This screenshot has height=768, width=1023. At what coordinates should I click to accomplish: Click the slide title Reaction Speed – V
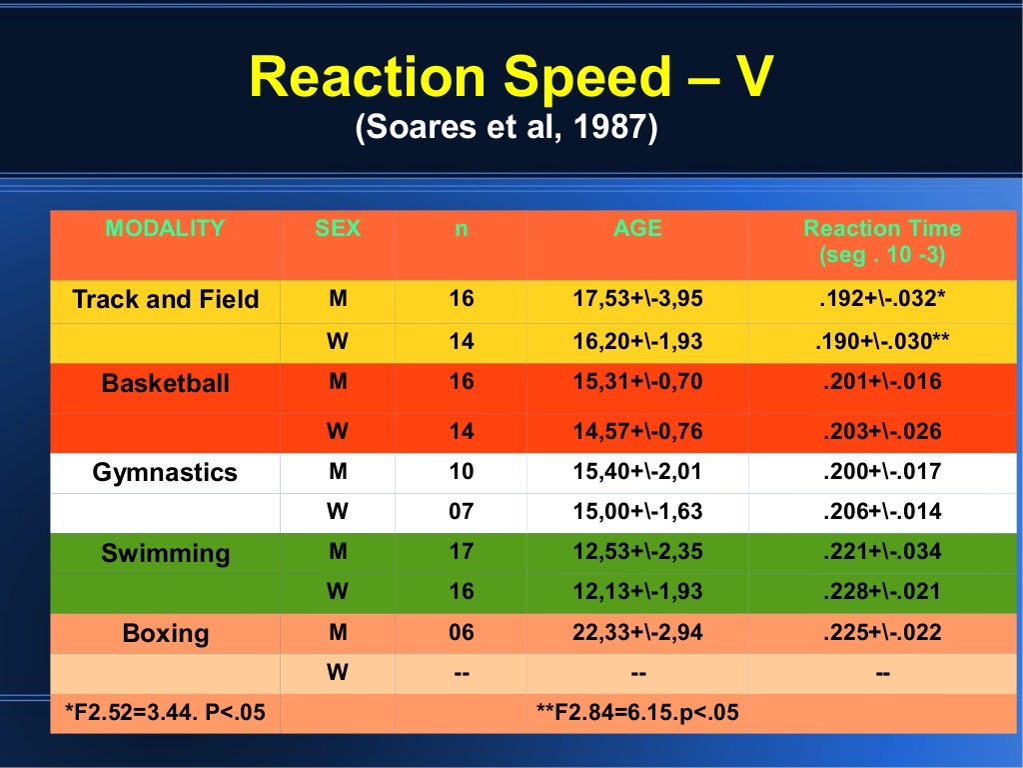click(x=511, y=77)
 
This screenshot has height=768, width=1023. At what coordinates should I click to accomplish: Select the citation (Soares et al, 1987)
click(x=507, y=129)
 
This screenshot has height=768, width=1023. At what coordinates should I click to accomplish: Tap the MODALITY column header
click(x=165, y=228)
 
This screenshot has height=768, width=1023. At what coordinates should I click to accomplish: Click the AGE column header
click(x=637, y=228)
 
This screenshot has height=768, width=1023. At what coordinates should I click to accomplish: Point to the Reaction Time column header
click(x=882, y=241)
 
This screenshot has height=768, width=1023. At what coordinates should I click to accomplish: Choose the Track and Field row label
click(x=165, y=299)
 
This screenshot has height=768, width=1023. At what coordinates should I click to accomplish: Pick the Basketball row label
click(x=165, y=383)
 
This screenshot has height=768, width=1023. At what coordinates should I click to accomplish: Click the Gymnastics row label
click(x=165, y=472)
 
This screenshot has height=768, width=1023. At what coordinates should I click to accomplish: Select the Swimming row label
click(x=165, y=553)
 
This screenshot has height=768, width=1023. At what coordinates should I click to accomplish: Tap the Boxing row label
click(x=165, y=633)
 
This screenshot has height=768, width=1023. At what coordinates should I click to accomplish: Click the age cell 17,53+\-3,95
click(x=637, y=299)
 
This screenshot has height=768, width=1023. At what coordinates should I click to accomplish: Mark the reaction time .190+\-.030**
click(x=882, y=342)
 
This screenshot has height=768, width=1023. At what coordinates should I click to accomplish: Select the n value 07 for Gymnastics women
click(x=461, y=512)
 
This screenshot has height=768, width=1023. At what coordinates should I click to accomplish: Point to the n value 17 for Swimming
click(x=461, y=552)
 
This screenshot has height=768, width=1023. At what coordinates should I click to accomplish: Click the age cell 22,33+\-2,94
click(x=637, y=633)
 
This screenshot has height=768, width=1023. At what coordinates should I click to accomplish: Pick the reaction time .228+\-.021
click(x=882, y=592)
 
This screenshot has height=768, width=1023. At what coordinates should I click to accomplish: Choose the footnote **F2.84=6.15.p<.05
click(x=637, y=713)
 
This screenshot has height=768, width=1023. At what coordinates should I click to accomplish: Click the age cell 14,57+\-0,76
click(x=637, y=432)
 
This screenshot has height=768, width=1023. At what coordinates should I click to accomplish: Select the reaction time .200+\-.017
click(x=882, y=472)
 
